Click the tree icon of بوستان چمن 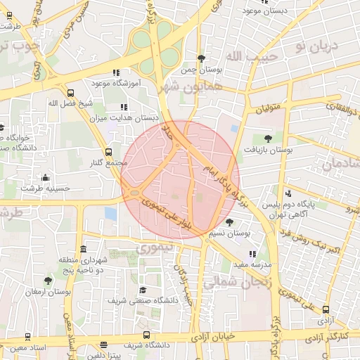202,58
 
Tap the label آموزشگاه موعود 116,83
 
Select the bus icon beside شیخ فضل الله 70,93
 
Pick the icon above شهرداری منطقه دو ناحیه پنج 84,250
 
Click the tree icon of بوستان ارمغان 48,281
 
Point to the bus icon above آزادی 326,309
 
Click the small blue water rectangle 110,212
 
